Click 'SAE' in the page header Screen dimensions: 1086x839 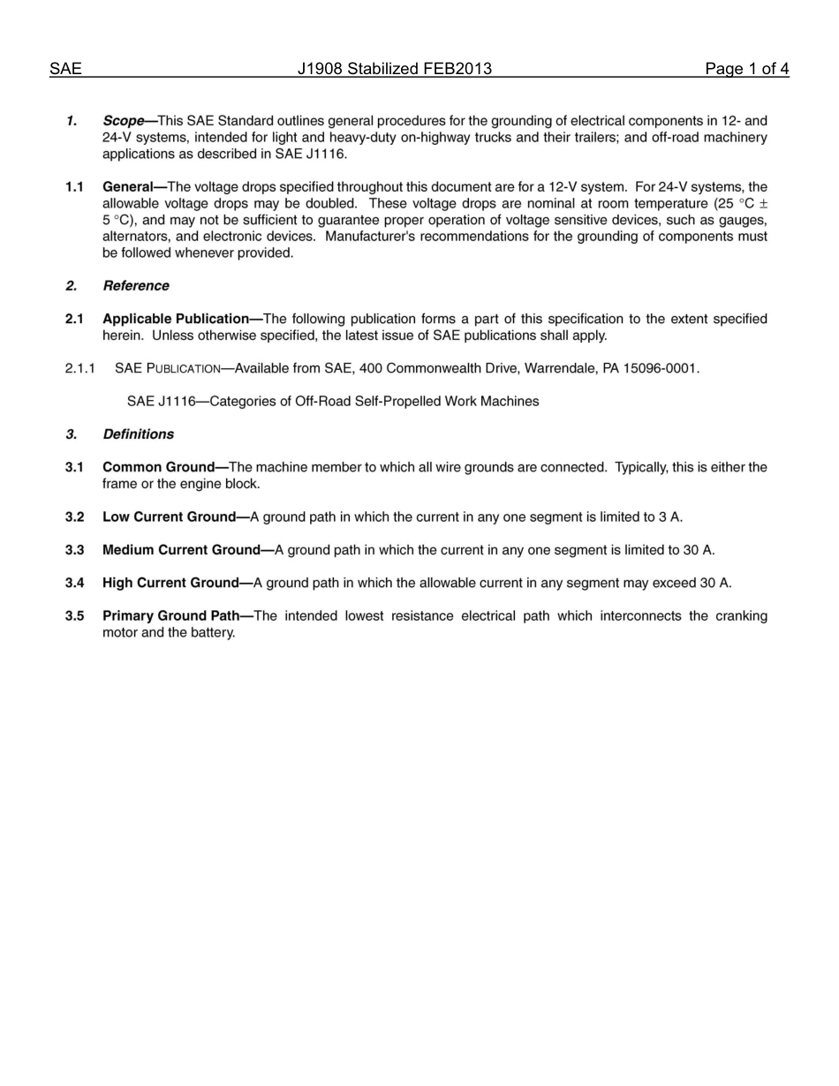[65, 69]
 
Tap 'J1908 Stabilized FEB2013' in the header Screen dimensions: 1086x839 [395, 69]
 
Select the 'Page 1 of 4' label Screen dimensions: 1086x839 [746, 69]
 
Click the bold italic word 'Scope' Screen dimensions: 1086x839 [124, 121]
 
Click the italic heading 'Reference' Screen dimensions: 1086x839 [135, 286]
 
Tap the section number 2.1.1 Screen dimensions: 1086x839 [79, 368]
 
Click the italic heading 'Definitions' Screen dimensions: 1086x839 [138, 434]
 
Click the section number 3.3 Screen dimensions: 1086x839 [74, 550]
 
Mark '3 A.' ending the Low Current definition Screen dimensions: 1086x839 [670, 517]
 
